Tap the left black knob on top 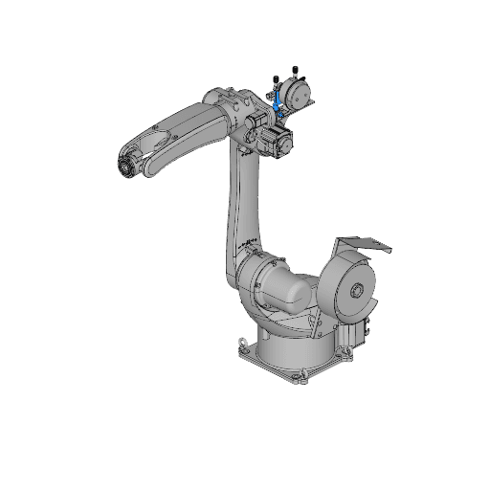point(276,76)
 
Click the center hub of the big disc point(357,291)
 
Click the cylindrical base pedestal point(297,345)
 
